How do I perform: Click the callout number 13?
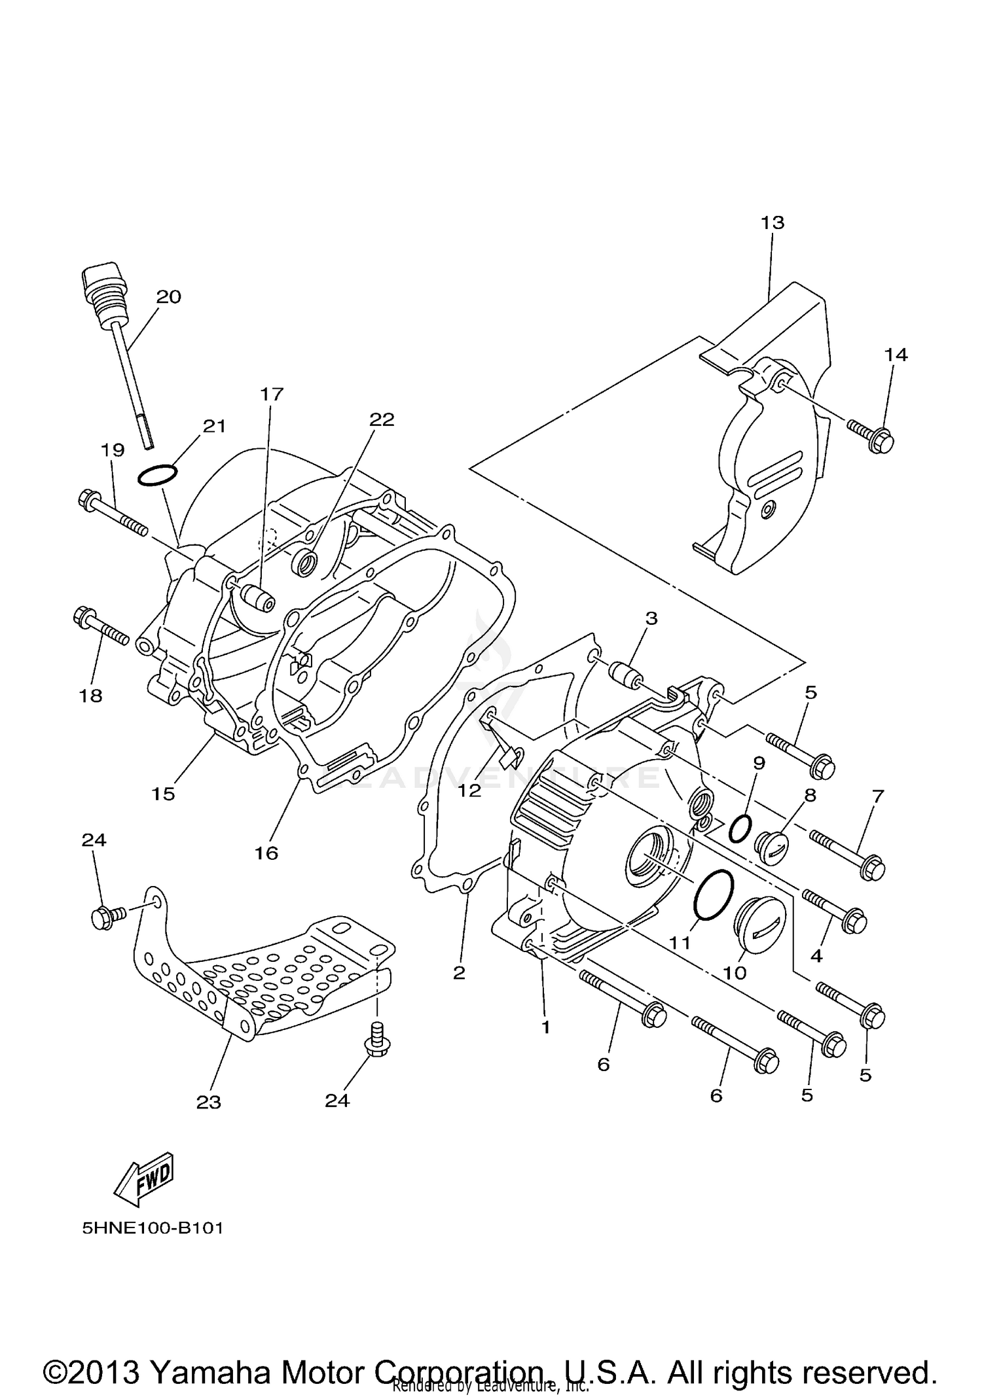[x=773, y=222]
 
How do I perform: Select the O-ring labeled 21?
[x=157, y=476]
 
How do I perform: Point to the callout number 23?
[x=209, y=1103]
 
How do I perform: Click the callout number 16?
[x=267, y=853]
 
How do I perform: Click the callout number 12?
[x=469, y=790]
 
